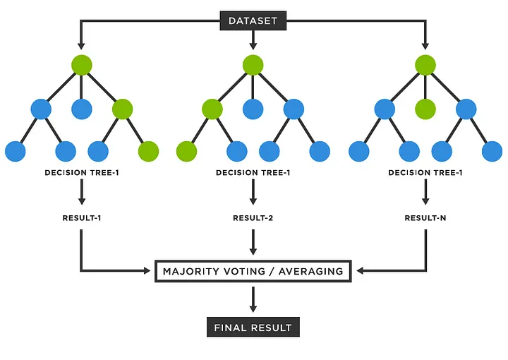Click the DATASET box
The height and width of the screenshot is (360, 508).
253,20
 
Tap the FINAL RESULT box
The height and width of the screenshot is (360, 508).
253,328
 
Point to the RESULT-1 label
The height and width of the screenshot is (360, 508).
82,218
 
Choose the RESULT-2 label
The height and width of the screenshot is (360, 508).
253,218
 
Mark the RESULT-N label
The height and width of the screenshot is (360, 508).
425,218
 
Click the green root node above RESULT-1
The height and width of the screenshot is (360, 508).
82,66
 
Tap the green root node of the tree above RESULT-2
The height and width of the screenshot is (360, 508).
253,66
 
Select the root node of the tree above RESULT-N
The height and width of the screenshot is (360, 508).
425,66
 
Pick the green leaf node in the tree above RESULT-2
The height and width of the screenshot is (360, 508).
187,151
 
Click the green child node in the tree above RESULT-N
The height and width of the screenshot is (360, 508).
425,109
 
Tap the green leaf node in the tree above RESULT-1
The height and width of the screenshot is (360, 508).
148,151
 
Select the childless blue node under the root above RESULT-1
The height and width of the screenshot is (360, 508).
82,109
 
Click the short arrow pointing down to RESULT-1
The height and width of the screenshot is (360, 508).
82,191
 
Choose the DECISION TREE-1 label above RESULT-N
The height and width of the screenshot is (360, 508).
425,172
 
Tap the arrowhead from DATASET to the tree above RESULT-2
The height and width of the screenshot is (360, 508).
253,46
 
